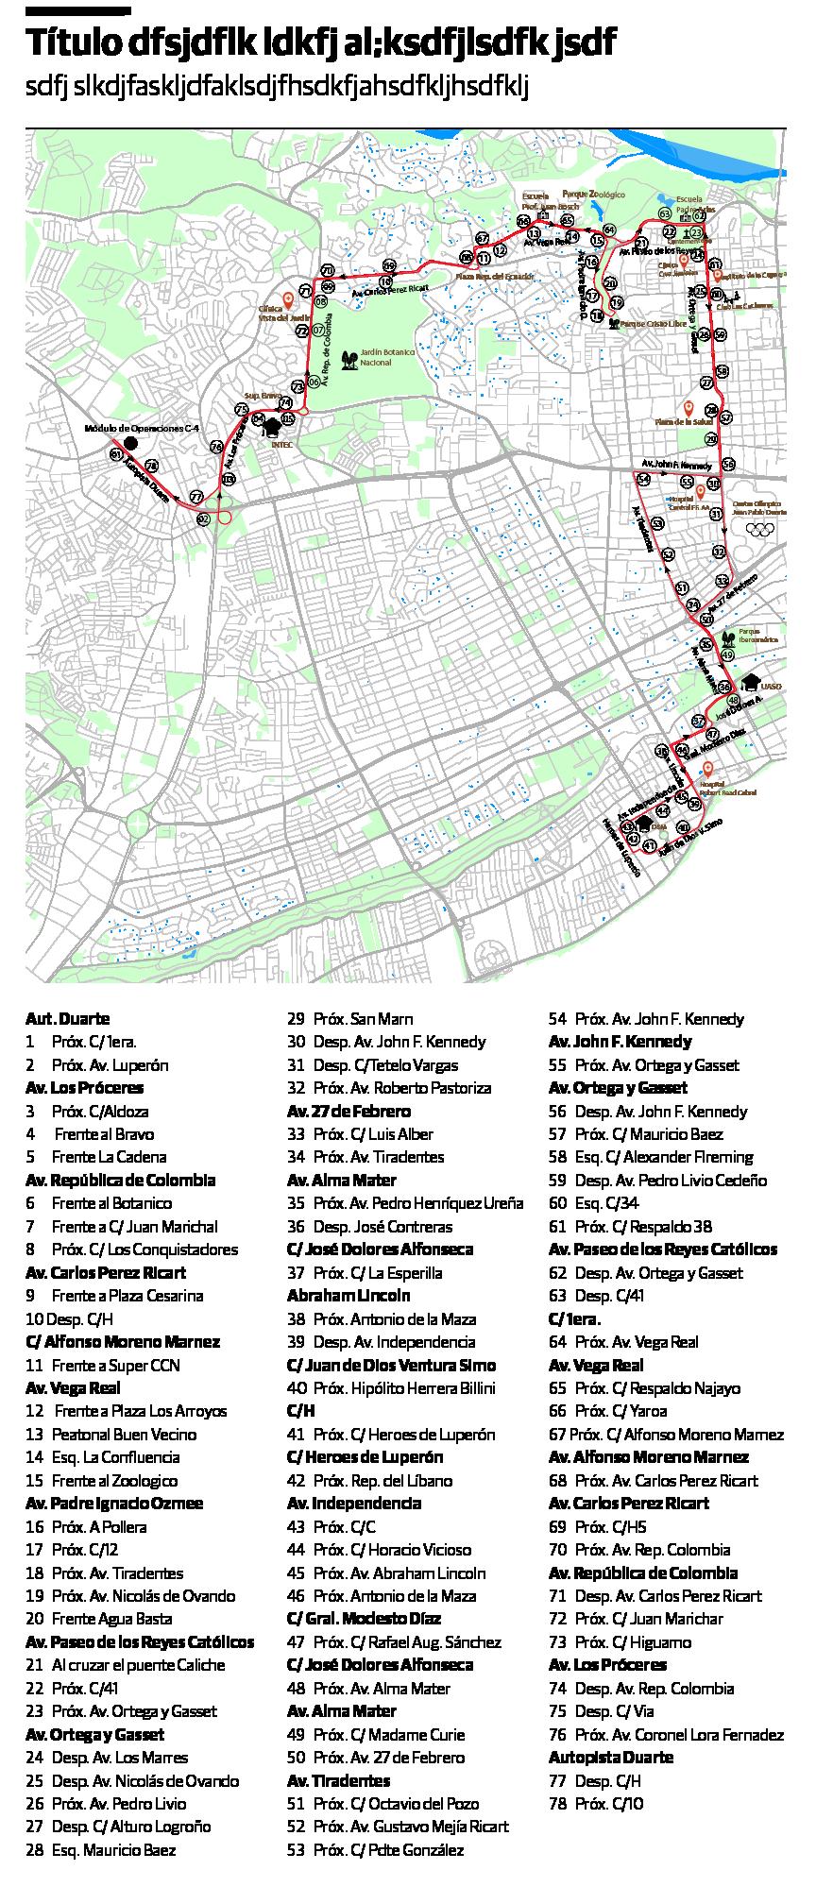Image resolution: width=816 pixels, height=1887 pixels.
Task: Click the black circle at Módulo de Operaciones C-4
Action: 130,443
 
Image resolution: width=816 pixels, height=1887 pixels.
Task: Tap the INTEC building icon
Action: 274,425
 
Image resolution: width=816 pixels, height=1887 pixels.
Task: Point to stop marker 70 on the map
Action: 327,270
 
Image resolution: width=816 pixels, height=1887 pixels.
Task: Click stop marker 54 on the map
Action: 643,480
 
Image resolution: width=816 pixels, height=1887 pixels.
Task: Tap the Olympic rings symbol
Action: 760,529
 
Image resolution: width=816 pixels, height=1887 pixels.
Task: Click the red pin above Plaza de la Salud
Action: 688,407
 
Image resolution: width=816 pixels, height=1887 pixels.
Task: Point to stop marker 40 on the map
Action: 683,827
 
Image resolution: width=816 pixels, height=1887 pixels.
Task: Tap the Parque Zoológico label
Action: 595,194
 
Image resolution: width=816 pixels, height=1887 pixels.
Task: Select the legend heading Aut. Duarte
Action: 67,1019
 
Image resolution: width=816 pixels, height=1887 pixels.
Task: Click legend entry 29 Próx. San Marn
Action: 349,1019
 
